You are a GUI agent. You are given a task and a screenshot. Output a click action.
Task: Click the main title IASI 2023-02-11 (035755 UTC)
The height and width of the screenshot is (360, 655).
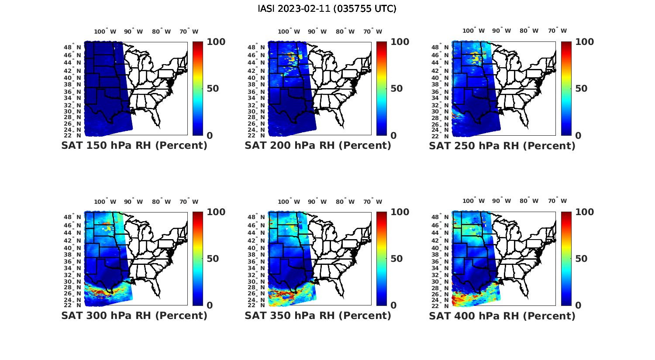click(327, 9)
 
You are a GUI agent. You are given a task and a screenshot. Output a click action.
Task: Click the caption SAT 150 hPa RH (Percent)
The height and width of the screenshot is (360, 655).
click(134, 146)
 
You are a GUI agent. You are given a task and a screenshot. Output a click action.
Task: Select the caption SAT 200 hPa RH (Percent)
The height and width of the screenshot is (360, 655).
click(318, 146)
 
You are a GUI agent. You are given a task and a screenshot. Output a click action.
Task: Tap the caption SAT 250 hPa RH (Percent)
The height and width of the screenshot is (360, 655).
click(502, 146)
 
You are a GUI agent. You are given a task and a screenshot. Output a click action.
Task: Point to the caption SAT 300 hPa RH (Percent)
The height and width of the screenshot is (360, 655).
click(134, 315)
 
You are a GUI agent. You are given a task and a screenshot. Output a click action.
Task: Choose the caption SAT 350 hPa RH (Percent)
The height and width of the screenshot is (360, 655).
click(318, 315)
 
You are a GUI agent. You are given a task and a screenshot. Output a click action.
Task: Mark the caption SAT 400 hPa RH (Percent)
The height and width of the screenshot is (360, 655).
click(502, 315)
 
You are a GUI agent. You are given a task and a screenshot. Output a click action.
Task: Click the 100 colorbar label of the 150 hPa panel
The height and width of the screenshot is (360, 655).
click(216, 42)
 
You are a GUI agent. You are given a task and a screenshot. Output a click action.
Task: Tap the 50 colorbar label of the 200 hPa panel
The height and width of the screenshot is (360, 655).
click(396, 89)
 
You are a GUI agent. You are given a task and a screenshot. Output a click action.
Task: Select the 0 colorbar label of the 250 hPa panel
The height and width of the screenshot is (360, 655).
click(578, 136)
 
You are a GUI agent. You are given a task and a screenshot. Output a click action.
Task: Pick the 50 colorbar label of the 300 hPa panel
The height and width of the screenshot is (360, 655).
click(212, 259)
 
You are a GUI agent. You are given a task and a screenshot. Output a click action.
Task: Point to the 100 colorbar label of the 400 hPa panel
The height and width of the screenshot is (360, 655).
click(584, 212)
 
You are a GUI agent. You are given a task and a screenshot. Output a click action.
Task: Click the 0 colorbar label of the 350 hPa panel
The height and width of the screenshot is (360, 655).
click(393, 305)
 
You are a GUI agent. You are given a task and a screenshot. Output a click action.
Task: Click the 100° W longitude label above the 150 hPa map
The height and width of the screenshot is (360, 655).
click(105, 31)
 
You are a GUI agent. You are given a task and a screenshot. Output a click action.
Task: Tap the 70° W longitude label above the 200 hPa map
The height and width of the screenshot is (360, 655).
click(372, 31)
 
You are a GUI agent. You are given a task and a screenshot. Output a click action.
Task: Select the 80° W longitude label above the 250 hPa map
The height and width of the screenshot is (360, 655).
click(529, 31)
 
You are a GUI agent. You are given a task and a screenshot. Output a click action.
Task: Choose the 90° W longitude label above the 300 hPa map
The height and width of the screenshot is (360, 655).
click(133, 202)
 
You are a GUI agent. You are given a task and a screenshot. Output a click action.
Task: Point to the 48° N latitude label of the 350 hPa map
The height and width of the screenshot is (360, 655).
click(256, 217)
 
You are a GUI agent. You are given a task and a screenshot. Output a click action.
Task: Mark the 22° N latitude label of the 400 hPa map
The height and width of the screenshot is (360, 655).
click(441, 305)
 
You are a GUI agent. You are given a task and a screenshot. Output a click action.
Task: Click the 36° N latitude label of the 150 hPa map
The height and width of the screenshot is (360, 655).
click(72, 92)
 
